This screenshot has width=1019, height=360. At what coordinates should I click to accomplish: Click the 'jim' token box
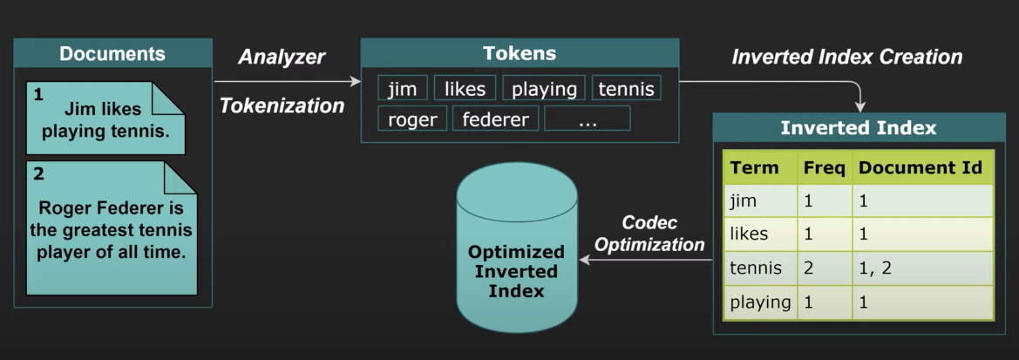[x=403, y=89]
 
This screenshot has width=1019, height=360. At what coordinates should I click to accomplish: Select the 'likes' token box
[x=465, y=89]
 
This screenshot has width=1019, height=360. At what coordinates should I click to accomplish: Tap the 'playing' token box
[x=544, y=89]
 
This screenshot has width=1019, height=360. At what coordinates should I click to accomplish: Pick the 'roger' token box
[x=412, y=119]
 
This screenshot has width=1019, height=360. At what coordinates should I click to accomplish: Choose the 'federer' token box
[x=495, y=119]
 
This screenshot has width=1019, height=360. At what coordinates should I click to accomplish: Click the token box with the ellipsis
[x=587, y=119]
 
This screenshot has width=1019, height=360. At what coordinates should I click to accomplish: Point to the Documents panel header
[x=112, y=54]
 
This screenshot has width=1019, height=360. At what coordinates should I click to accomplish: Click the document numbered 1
[x=105, y=118]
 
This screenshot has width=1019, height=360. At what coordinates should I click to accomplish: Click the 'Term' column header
[x=754, y=167]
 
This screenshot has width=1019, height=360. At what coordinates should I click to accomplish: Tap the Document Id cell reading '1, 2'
[x=922, y=268]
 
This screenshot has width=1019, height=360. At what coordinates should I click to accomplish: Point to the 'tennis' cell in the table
[x=756, y=268]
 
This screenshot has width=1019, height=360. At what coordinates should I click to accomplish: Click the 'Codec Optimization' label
[x=650, y=234]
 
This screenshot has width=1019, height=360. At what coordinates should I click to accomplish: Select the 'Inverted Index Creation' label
[x=846, y=58]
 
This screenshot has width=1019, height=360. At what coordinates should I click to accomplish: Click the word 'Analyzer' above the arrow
[x=282, y=58]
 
